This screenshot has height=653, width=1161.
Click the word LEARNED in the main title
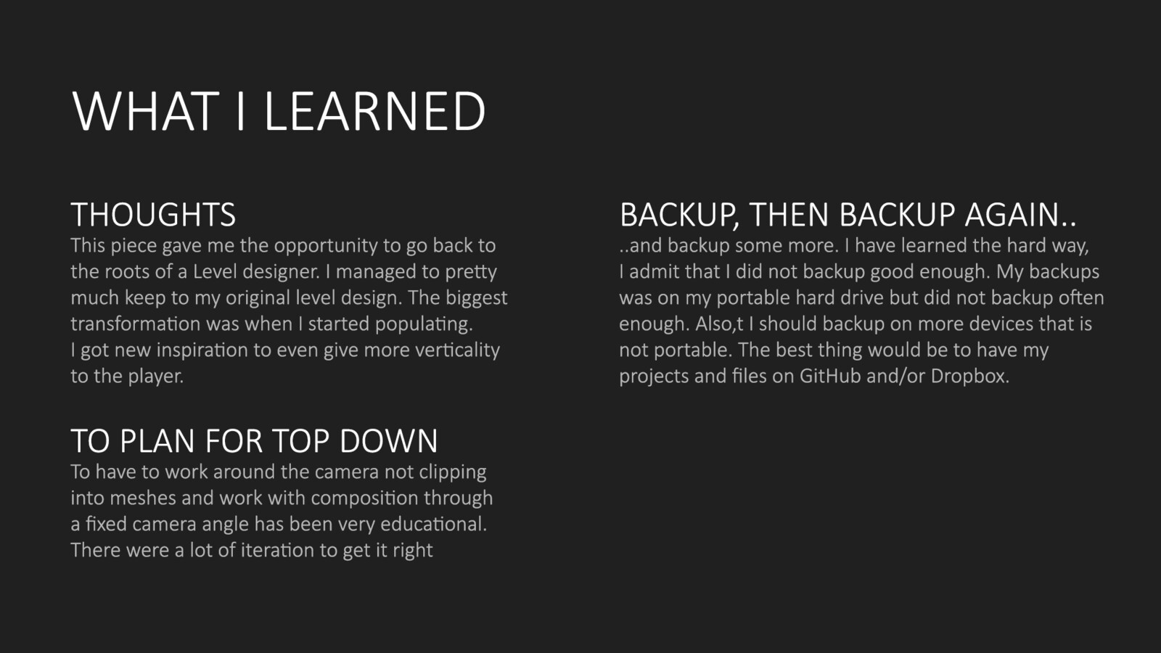[x=375, y=111]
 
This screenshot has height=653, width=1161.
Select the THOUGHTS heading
[x=153, y=215]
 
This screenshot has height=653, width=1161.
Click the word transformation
[x=136, y=324]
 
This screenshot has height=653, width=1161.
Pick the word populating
[x=424, y=324]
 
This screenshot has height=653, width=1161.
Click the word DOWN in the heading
[x=389, y=441]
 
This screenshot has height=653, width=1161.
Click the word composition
[x=364, y=498]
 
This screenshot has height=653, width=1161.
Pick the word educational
[x=434, y=524]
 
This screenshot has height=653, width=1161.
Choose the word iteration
[x=276, y=550]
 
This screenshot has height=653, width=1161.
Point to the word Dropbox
[x=969, y=377]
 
